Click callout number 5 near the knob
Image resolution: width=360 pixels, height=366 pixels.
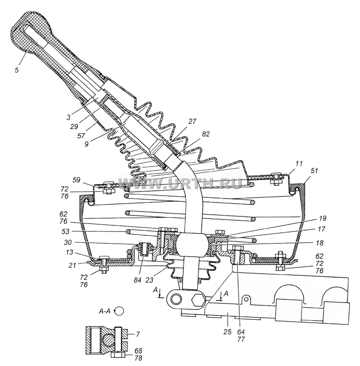tap(16, 70)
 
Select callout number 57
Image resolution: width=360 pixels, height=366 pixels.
tap(81, 135)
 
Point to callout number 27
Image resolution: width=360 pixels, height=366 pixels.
tap(192, 122)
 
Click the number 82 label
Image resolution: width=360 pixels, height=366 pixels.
tap(205, 134)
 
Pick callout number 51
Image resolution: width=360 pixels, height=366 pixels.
tap(314, 171)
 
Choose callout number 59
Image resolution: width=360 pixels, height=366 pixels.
tap(76, 180)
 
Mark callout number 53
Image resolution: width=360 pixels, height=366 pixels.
tap(66, 231)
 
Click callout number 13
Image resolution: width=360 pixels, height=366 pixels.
tap(69, 253)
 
